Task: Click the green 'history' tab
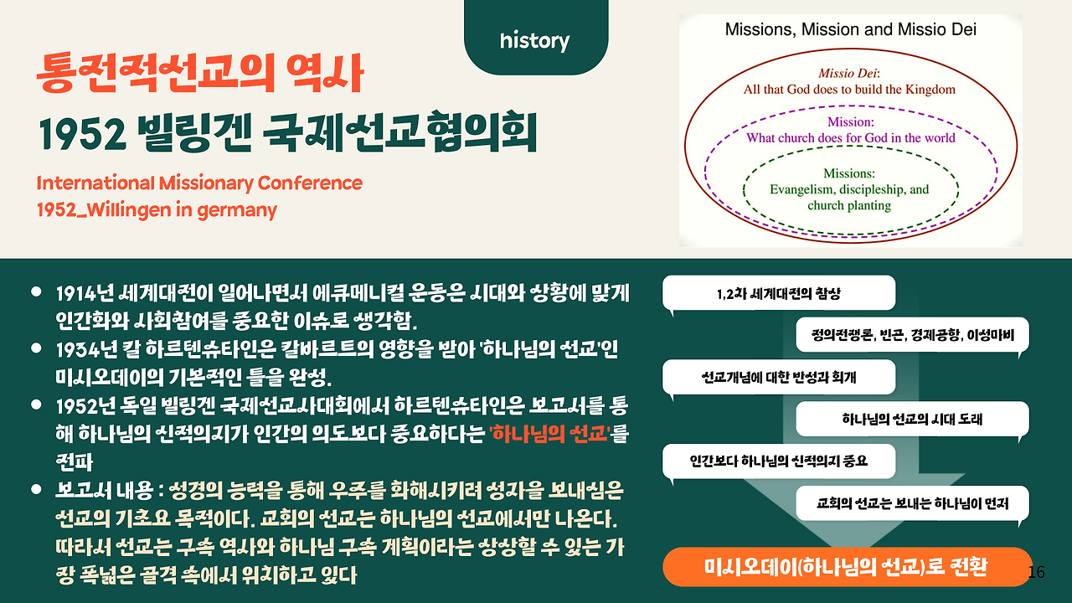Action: pyautogui.click(x=536, y=38)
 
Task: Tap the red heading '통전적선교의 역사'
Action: pyautogui.click(x=200, y=73)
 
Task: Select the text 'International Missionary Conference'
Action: pyautogui.click(x=199, y=183)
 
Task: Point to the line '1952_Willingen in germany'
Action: pyautogui.click(x=157, y=210)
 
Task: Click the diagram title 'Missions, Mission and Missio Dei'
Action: pyautogui.click(x=850, y=29)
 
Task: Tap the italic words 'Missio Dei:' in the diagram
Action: pyautogui.click(x=849, y=73)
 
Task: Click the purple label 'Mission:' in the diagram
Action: pyautogui.click(x=850, y=122)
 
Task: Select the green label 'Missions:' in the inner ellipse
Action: pyautogui.click(x=849, y=173)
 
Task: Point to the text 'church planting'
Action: pyautogui.click(x=849, y=205)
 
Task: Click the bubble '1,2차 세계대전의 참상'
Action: pyautogui.click(x=779, y=293)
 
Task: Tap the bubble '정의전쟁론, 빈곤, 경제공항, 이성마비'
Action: pyautogui.click(x=913, y=334)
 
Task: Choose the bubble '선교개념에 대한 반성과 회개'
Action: pyautogui.click(x=779, y=377)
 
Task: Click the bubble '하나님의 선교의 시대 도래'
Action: pyautogui.click(x=913, y=420)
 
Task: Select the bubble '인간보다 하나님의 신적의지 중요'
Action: pyautogui.click(x=779, y=461)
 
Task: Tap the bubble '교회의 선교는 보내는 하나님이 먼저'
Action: pyautogui.click(x=913, y=503)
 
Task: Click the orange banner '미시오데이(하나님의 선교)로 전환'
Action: pyautogui.click(x=847, y=567)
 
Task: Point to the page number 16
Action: pyautogui.click(x=1036, y=572)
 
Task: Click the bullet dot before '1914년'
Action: pyautogui.click(x=36, y=291)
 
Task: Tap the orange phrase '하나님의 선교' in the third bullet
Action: pyautogui.click(x=549, y=434)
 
